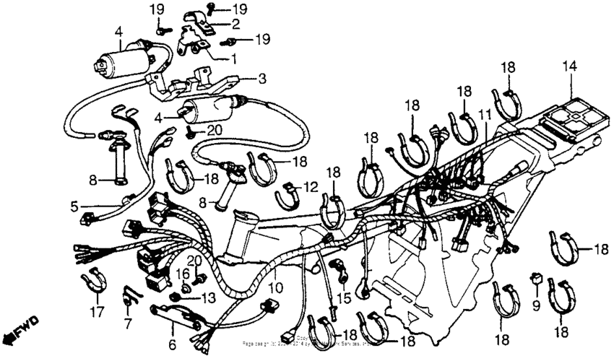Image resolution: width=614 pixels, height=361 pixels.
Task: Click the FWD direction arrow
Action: [x=21, y=328]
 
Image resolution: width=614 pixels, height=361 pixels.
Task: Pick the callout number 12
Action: [x=311, y=187]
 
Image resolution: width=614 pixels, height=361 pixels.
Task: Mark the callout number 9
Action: [x=536, y=305]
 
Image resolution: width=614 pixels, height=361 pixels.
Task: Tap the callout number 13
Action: [x=208, y=298]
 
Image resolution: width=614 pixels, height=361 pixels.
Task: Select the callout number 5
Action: [x=74, y=206]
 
